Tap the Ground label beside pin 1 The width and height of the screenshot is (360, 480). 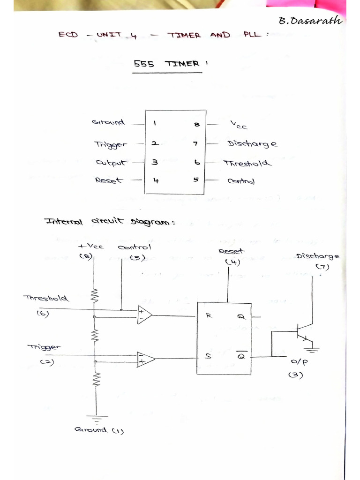108,123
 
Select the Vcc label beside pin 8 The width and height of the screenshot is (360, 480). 238,125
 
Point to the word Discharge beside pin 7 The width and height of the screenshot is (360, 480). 252,144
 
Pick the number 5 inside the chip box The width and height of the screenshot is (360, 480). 196,180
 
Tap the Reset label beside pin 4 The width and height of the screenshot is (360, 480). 109,180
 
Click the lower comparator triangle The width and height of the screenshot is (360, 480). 146,359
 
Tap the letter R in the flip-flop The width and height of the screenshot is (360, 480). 209,315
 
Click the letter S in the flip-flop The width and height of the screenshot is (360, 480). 209,357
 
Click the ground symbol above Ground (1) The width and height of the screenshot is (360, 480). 96,419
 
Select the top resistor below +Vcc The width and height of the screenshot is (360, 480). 95,295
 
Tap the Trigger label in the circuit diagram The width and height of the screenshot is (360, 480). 44,347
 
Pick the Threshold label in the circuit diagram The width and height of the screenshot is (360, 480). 46,299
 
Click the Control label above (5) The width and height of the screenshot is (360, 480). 135,247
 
